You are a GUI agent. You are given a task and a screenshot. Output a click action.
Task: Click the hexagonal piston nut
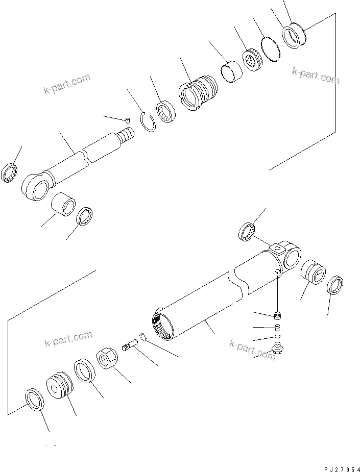107,359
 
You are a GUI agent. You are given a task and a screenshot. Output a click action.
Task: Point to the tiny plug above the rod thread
128,119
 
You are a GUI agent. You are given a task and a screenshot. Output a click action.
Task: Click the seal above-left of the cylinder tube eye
248,231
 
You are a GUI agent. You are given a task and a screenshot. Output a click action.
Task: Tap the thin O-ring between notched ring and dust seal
271,48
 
